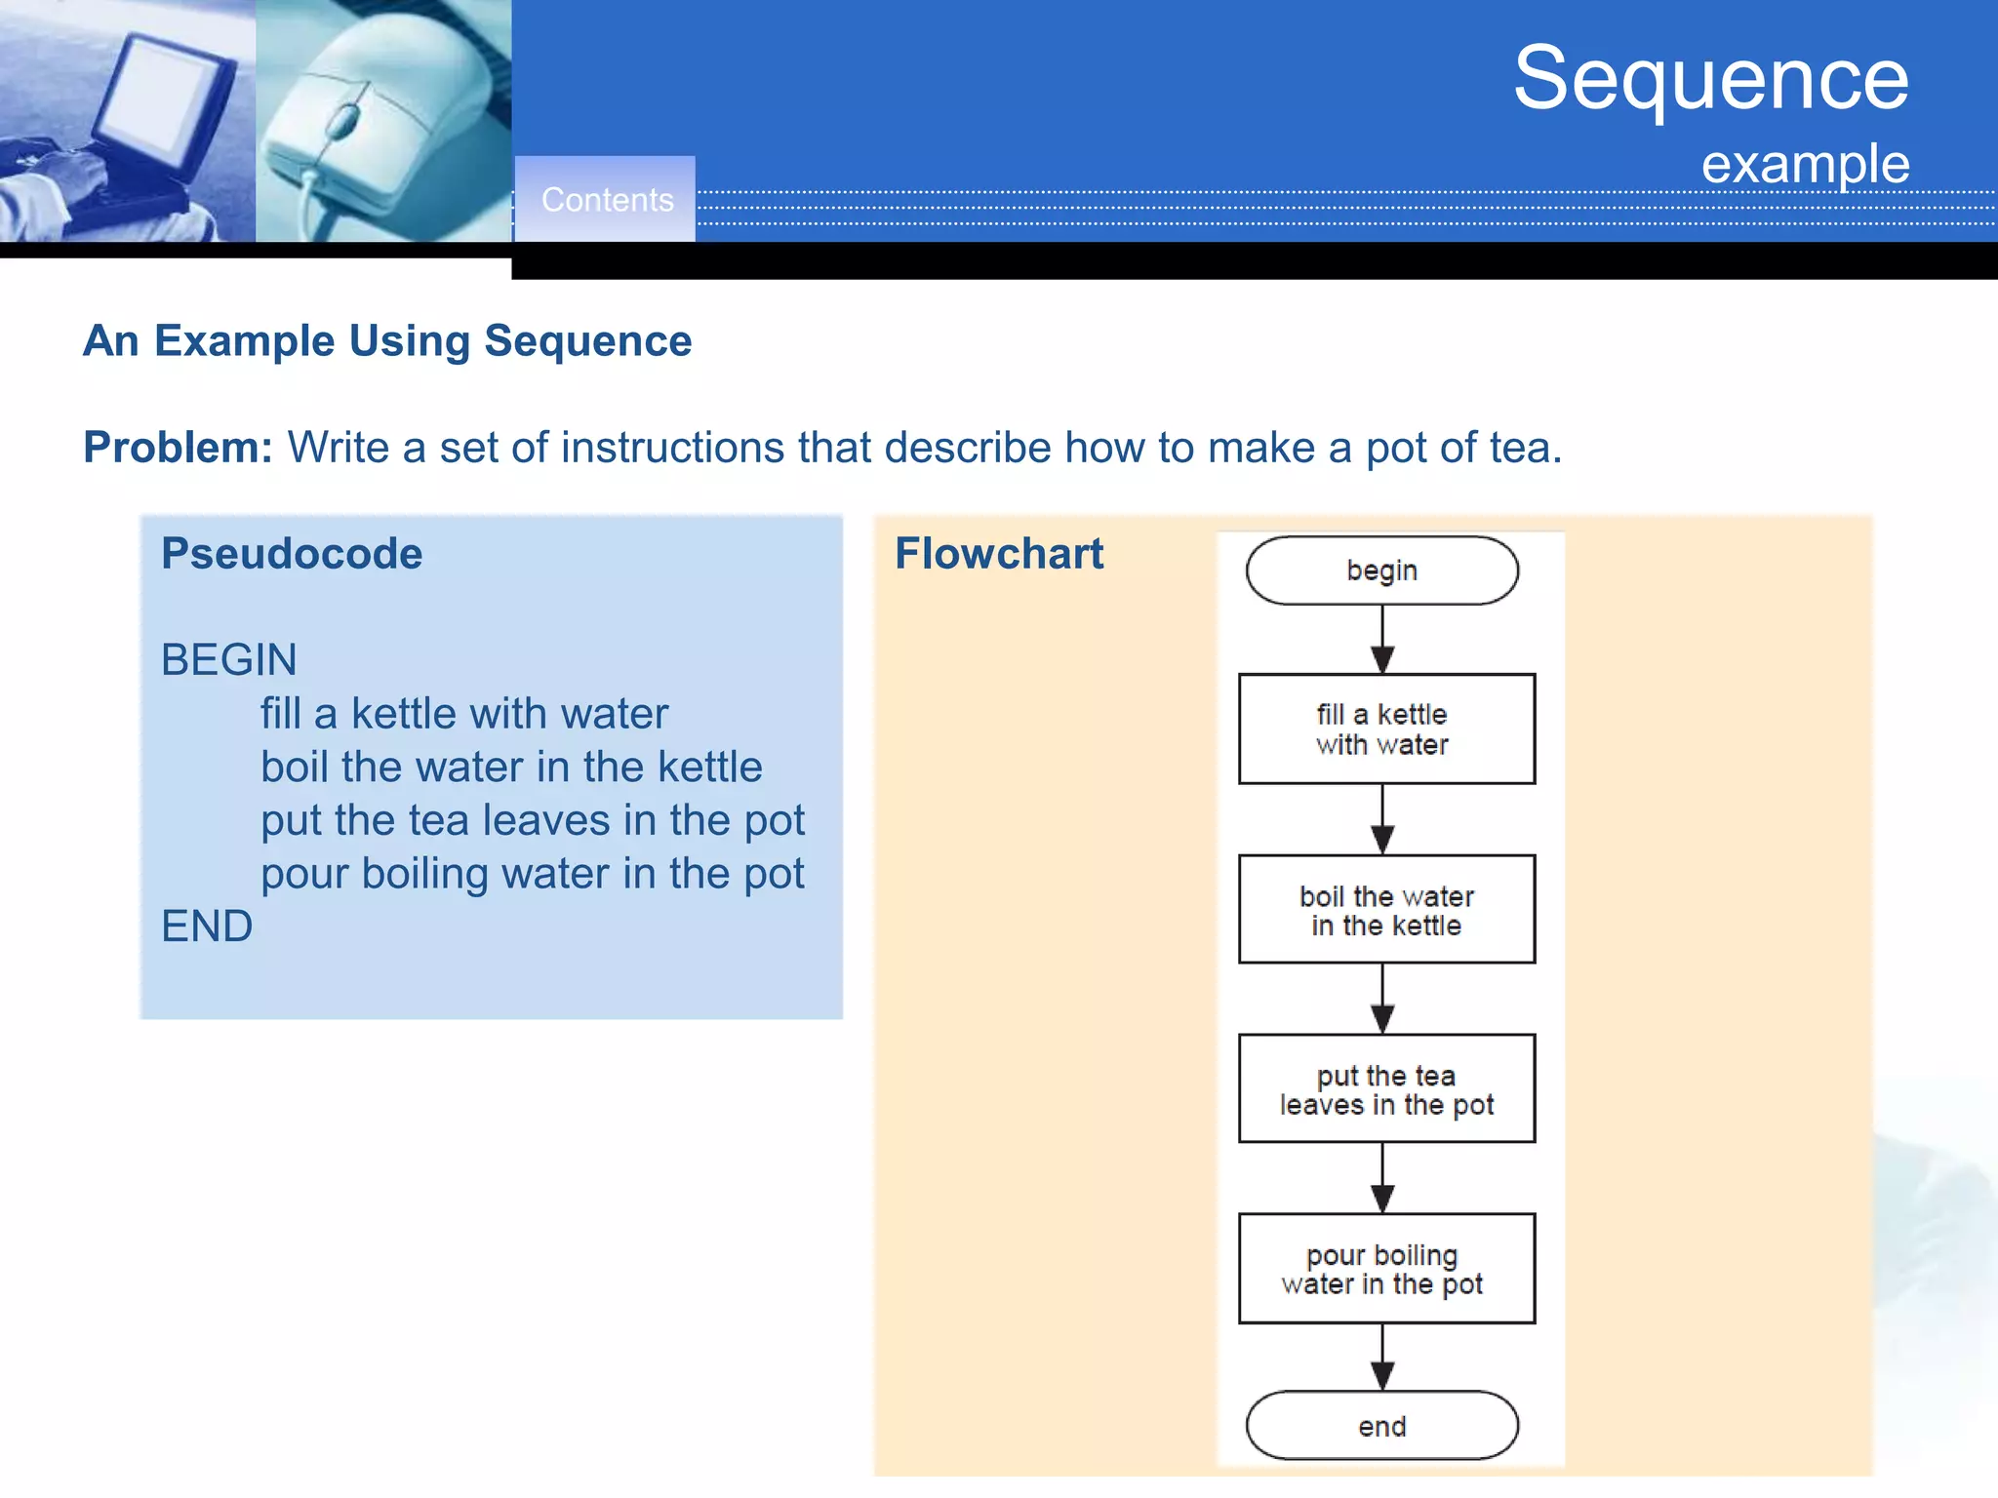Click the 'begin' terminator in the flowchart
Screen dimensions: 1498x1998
pos(1381,571)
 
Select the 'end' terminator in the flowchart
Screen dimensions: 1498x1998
pos(1381,1426)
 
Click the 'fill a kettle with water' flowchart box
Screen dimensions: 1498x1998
pos(1385,729)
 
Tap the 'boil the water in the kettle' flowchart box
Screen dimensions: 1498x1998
pos(1385,909)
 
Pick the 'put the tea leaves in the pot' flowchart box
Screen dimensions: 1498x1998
pos(1385,1088)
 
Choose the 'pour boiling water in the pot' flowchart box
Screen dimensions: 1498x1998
pos(1385,1268)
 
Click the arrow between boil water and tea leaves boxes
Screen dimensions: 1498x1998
pos(1382,999)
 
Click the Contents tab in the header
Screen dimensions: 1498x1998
pos(606,199)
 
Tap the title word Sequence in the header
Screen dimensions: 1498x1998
pos(1710,78)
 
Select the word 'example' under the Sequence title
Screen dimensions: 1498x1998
pos(1805,164)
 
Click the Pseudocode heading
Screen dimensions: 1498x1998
pos(292,554)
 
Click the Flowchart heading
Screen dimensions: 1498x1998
pos(999,554)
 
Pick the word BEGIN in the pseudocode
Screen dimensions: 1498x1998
pos(228,660)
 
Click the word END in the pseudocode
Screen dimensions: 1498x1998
pos(207,926)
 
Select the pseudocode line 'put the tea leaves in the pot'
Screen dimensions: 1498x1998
pos(532,820)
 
